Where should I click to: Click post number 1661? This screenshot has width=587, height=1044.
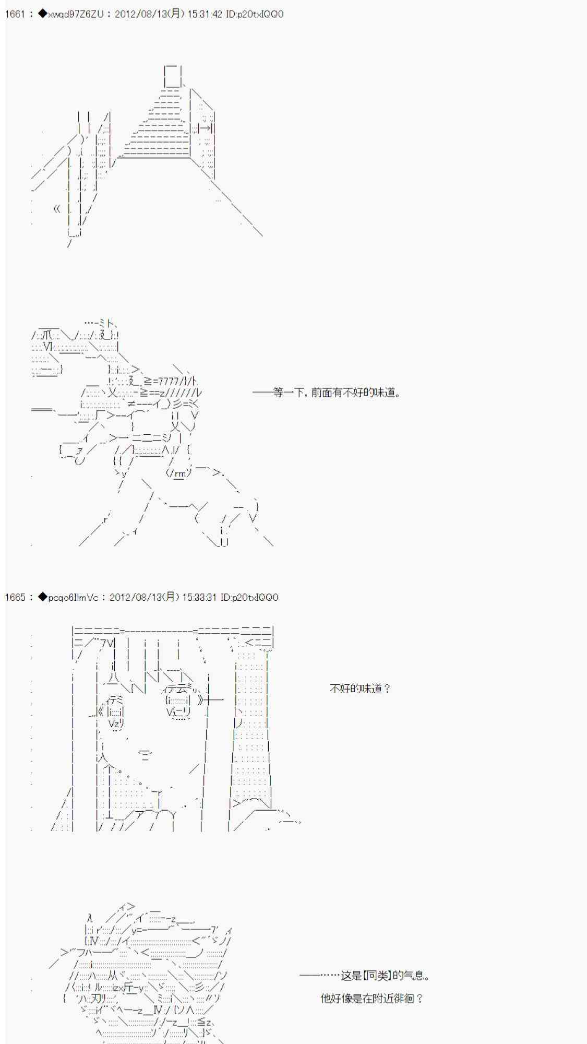click(x=15, y=14)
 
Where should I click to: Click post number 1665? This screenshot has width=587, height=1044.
click(x=15, y=597)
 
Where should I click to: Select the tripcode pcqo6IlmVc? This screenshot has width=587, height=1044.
click(x=73, y=597)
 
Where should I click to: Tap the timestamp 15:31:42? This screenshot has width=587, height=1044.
click(x=205, y=14)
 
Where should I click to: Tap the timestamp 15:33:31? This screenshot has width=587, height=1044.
click(x=200, y=597)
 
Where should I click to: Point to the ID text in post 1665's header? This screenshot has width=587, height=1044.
click(x=249, y=597)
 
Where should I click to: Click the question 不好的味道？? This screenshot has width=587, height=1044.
click(x=360, y=689)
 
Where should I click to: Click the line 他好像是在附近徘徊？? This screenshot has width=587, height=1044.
click(x=372, y=999)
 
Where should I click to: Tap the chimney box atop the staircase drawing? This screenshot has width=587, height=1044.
click(x=173, y=76)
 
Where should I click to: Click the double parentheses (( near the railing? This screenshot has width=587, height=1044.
click(x=57, y=209)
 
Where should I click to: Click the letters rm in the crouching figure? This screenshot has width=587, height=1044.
click(x=180, y=473)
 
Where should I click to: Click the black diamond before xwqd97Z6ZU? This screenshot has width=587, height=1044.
click(x=42, y=14)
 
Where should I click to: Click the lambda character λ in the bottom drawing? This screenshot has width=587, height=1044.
click(x=90, y=918)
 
